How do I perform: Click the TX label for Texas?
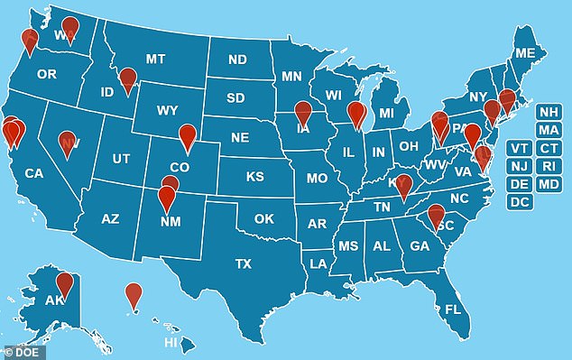click(243, 264)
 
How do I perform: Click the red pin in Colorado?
click(187, 136)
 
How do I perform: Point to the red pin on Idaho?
click(128, 79)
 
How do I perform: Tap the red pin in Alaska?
click(64, 282)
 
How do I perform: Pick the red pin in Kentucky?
click(403, 186)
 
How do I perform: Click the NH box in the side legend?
click(547, 113)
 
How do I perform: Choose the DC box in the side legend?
click(520, 202)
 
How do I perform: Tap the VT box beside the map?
click(520, 149)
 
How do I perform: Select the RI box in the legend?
click(547, 166)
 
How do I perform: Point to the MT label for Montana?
click(155, 60)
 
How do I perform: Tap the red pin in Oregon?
click(30, 39)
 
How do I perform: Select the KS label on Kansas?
click(254, 177)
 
